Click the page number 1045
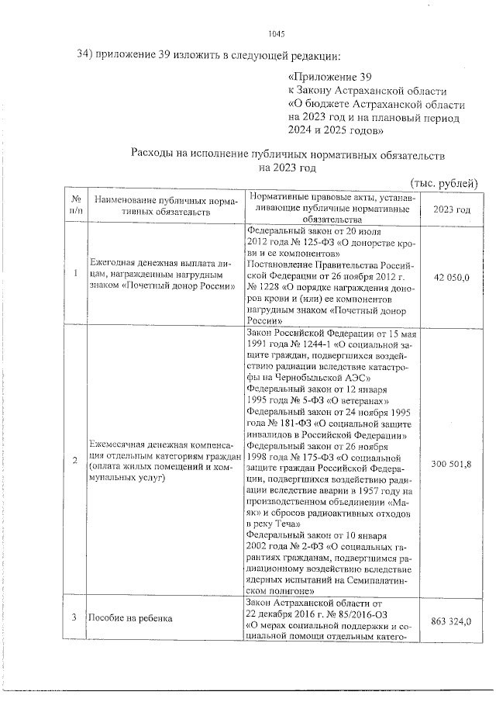277,33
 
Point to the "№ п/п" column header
75,205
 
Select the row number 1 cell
75,273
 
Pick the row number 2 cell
75,462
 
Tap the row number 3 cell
74,617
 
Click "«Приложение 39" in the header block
330,78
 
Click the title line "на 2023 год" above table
288,167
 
